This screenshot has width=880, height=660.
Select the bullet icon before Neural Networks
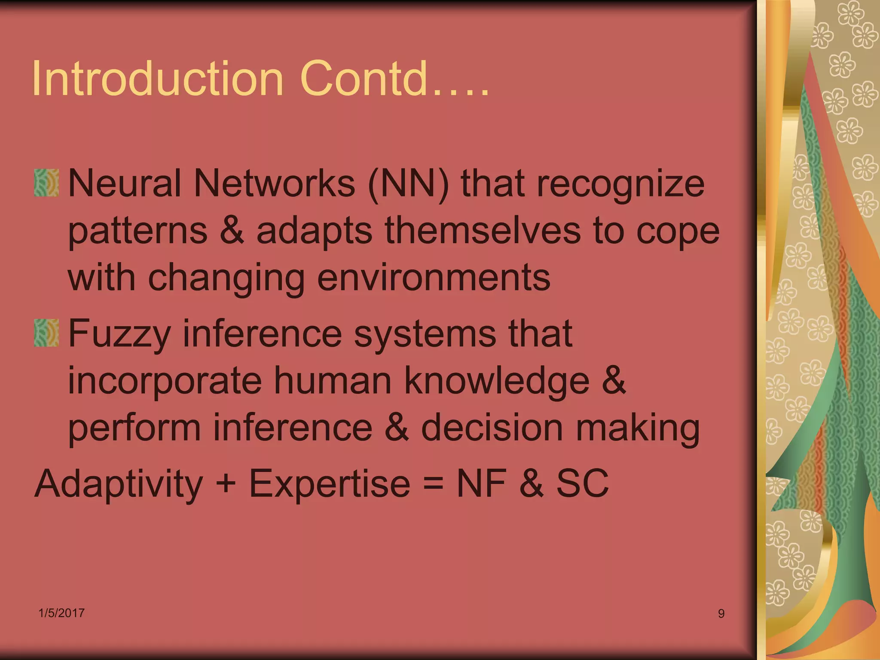(x=46, y=183)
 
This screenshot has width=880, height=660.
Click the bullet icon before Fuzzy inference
(x=46, y=333)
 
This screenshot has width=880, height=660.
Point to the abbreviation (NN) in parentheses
(x=408, y=184)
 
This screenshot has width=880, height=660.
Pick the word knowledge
(x=497, y=382)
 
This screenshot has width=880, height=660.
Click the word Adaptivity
(x=119, y=485)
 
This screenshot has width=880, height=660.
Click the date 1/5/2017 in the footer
(x=61, y=613)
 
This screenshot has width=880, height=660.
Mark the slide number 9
(x=721, y=614)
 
